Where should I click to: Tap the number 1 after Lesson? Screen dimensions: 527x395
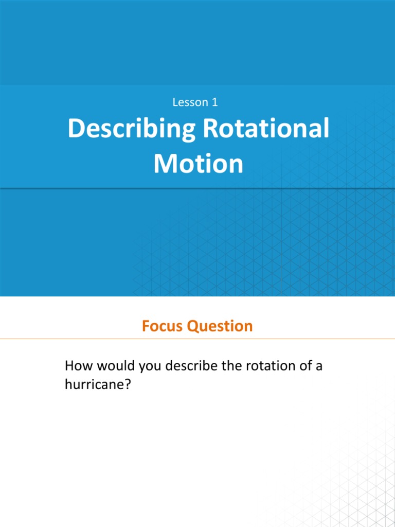click(214, 102)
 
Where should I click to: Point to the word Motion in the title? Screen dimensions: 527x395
click(198, 164)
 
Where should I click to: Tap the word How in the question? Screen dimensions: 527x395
click(76, 367)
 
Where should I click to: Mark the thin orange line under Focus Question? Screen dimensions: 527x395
click(197, 339)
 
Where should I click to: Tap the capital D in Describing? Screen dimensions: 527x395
click(76, 129)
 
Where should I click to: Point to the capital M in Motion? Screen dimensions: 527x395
click(164, 164)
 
